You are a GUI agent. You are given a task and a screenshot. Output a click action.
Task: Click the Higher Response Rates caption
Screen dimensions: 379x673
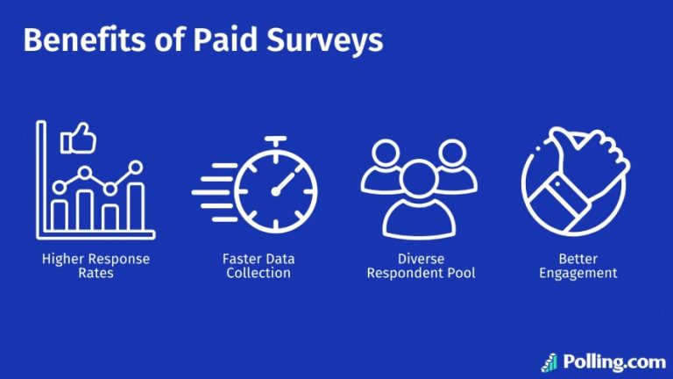pyautogui.click(x=96, y=266)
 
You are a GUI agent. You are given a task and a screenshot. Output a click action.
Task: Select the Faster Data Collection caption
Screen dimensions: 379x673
pyautogui.click(x=258, y=266)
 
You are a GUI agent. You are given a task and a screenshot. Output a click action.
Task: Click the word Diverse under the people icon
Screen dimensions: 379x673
pyautogui.click(x=419, y=259)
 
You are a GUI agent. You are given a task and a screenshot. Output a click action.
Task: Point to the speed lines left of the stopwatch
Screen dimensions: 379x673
pyautogui.click(x=210, y=188)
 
